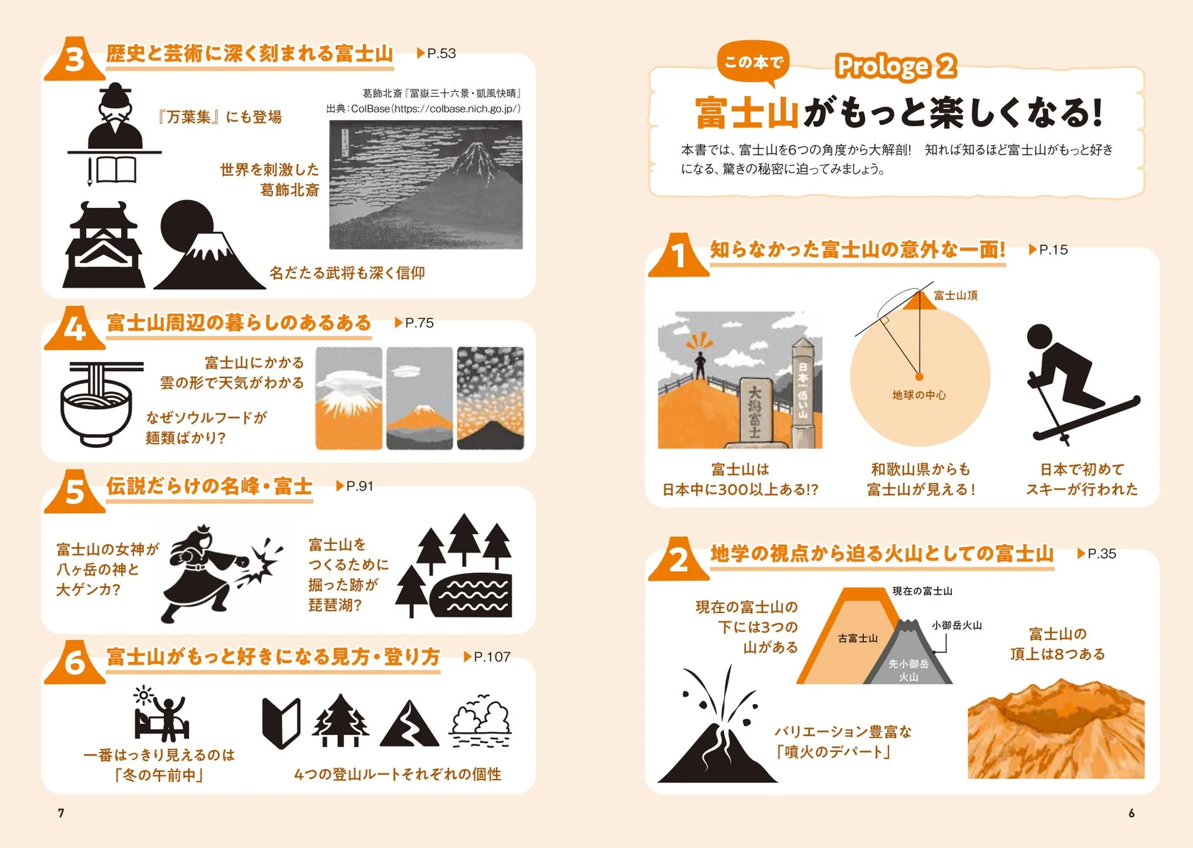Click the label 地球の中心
point(919,395)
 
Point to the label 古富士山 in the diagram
point(858,638)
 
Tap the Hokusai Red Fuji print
point(426,185)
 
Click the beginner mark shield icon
point(281,723)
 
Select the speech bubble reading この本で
point(753,62)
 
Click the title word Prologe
point(882,66)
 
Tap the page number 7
point(61,813)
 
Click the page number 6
point(1131,813)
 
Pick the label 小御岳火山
point(956,626)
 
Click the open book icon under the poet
point(117,170)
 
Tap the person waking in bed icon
point(161,716)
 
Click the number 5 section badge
point(74,491)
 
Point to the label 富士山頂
point(956,295)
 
